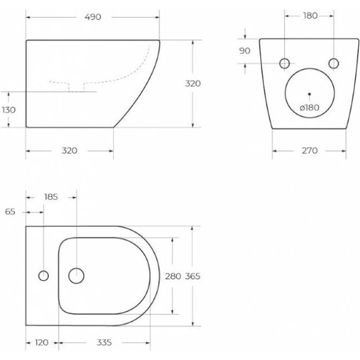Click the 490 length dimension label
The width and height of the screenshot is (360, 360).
click(93, 17)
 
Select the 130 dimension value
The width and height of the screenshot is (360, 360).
click(9, 110)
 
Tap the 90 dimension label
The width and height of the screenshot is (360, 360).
click(245, 51)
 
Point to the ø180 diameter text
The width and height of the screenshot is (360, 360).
click(309, 107)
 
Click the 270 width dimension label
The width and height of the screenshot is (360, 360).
click(309, 150)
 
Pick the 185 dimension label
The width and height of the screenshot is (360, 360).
click(51, 197)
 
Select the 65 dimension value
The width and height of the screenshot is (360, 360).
click(10, 212)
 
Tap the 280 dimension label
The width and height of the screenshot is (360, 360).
click(173, 276)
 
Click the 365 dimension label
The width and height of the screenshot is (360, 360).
click(193, 276)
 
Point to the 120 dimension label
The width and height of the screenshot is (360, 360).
click(42, 342)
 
